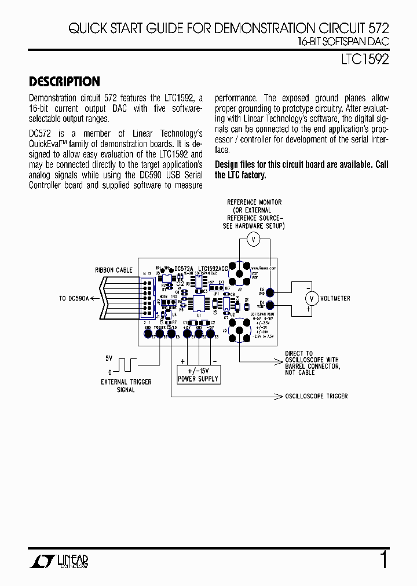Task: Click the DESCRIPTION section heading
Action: point(64,82)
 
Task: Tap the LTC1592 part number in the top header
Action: point(364,59)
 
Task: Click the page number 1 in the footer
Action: point(383,561)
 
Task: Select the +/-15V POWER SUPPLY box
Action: point(198,375)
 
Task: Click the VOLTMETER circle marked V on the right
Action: point(312,298)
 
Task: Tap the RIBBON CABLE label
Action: point(114,270)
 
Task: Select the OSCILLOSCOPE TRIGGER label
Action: point(316,396)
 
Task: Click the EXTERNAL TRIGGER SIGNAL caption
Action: point(126,386)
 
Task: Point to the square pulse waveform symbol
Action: point(126,365)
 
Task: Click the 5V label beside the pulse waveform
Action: point(108,359)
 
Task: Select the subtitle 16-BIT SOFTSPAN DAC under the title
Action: point(343,42)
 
